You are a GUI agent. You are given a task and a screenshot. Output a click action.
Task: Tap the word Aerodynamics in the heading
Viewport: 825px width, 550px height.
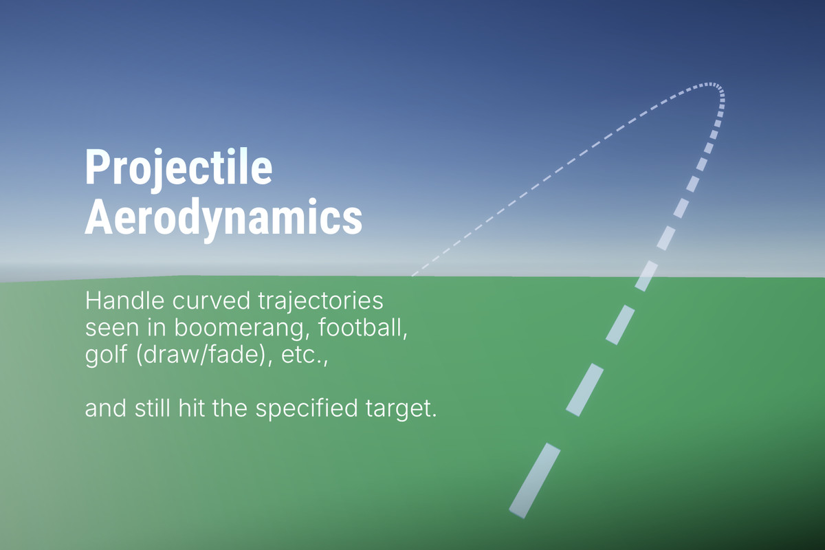[x=223, y=217]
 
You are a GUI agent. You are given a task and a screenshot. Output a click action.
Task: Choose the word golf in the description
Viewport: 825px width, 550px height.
[x=101, y=355]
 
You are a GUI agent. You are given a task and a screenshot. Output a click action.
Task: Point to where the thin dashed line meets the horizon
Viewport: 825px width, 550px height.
[x=412, y=276]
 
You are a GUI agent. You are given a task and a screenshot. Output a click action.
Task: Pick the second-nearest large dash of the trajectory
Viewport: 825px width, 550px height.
[x=585, y=390]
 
